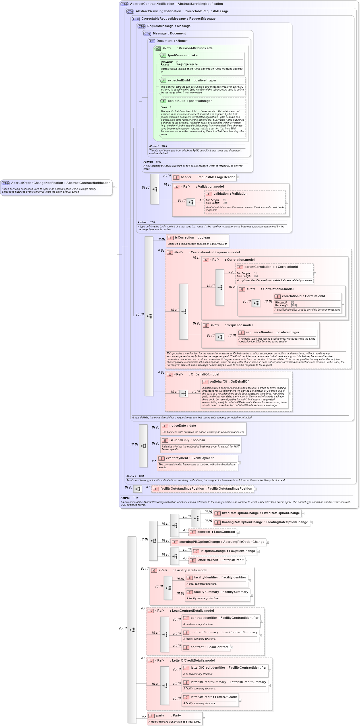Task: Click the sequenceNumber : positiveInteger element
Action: (x=272, y=332)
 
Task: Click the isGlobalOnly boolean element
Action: (x=187, y=440)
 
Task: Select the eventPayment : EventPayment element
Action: (x=190, y=458)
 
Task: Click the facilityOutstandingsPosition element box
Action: (x=202, y=489)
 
